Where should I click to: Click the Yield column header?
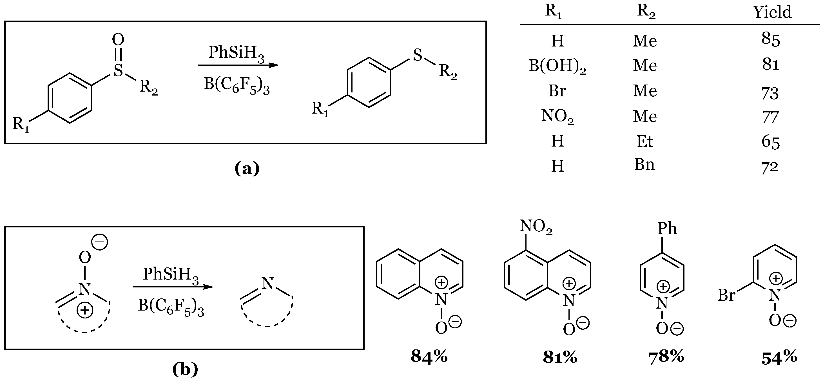772,12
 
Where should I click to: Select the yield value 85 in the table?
770,39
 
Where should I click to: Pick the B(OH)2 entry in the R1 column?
557,66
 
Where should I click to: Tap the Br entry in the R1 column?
557,91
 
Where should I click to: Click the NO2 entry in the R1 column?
557,116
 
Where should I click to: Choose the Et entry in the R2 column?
644,141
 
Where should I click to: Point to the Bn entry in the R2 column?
644,165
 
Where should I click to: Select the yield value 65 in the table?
770,142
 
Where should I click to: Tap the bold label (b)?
185,369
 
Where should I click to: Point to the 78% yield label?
666,357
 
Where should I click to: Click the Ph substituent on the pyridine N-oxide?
667,229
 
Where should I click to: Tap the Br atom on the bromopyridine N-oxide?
726,295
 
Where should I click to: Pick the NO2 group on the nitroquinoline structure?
536,227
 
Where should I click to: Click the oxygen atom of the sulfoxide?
118,40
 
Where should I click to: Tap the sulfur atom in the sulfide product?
417,55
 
